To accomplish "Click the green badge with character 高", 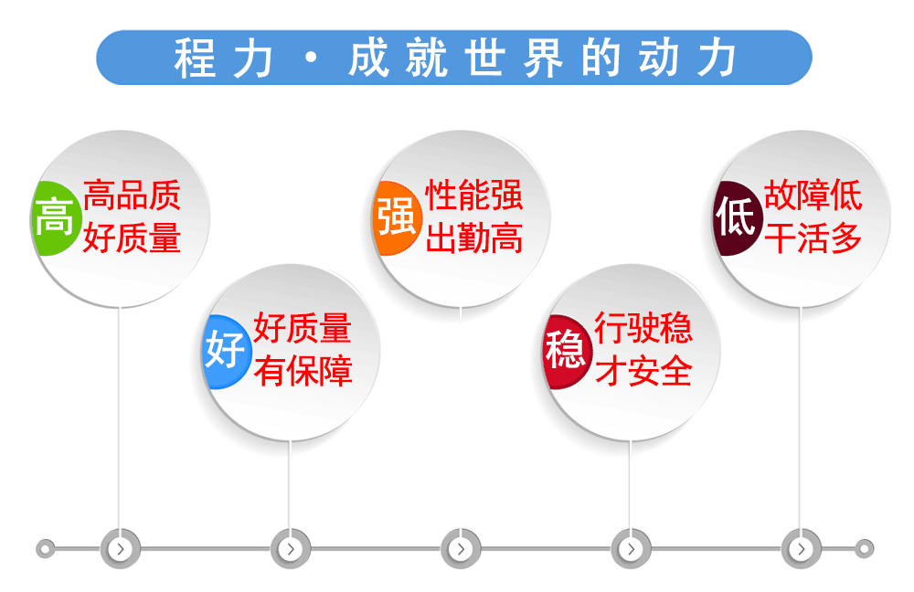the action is pyautogui.click(x=55, y=218).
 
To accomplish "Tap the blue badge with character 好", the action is pyautogui.click(x=226, y=352).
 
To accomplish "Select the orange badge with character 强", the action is pyautogui.click(x=397, y=218).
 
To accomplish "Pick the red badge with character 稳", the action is pyautogui.click(x=567, y=352).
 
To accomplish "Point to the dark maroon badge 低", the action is pyautogui.click(x=737, y=218).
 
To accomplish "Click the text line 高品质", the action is pyautogui.click(x=132, y=195).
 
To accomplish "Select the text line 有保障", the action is pyautogui.click(x=303, y=371).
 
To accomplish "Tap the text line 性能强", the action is pyautogui.click(x=473, y=195).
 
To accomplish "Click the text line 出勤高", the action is pyautogui.click(x=473, y=238).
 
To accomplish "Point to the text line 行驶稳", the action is pyautogui.click(x=643, y=327).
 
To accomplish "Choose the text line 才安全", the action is pyautogui.click(x=643, y=371).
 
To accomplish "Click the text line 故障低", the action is pyautogui.click(x=813, y=195).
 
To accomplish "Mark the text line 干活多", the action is pyautogui.click(x=813, y=238).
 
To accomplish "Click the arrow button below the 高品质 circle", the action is pyautogui.click(x=121, y=548).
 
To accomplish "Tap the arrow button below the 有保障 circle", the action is pyautogui.click(x=291, y=548).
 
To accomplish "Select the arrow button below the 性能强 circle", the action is pyautogui.click(x=461, y=548).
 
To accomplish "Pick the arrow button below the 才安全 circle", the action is pyautogui.click(x=631, y=548).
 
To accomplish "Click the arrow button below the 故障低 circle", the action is pyautogui.click(x=801, y=548).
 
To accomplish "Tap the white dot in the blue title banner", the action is pyautogui.click(x=312, y=58).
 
